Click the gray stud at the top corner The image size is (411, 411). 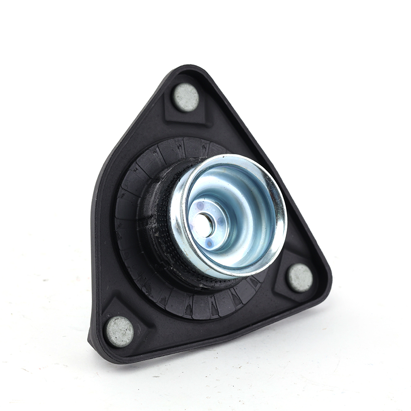tap(186, 97)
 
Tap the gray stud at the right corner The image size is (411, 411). tap(300, 277)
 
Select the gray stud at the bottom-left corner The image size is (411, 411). tap(119, 331)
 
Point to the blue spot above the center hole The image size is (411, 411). tap(199, 207)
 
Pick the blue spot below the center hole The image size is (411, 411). tap(209, 243)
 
